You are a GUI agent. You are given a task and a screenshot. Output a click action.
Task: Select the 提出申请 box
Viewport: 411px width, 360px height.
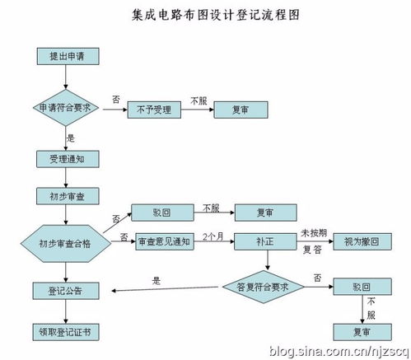click(67, 56)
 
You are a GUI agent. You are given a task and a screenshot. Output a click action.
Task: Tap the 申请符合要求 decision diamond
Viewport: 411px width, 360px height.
click(66, 108)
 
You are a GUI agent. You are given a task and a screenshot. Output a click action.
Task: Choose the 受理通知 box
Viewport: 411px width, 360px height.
click(66, 158)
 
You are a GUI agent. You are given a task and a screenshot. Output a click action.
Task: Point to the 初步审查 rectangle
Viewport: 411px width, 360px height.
click(66, 195)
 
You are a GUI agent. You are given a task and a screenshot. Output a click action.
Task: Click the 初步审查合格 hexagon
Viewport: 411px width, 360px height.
click(66, 243)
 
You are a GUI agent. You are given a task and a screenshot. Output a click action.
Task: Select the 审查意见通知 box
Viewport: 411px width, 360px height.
click(163, 241)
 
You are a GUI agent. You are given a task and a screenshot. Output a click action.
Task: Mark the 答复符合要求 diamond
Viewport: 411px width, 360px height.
click(265, 288)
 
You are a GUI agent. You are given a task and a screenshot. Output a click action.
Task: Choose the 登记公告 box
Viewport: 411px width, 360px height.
click(66, 290)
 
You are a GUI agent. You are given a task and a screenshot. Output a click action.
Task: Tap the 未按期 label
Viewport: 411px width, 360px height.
click(312, 232)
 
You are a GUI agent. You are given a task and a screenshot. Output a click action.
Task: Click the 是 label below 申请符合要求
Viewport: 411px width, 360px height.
click(70, 138)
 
